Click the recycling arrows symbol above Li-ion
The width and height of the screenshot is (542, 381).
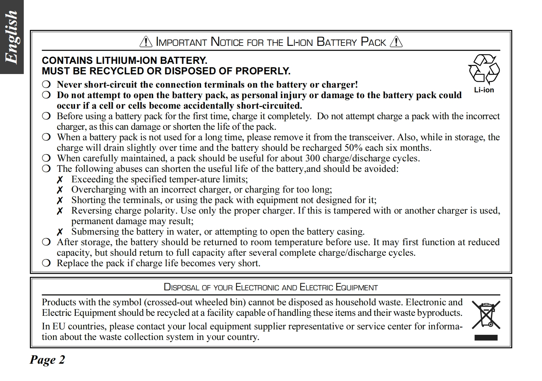[x=484, y=69]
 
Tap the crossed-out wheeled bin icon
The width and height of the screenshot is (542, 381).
[x=486, y=315]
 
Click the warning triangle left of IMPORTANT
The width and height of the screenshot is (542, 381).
[x=146, y=42]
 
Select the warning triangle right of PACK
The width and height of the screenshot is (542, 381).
[x=396, y=42]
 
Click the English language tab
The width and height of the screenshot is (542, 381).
[x=12, y=37]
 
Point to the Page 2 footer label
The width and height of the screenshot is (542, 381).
[x=47, y=360]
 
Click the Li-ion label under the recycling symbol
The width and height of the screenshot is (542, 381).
[x=484, y=90]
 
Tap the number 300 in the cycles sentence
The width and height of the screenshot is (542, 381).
[x=312, y=158]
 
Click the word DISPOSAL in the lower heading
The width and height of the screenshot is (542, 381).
[x=181, y=287]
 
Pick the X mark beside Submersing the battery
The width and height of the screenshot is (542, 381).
[x=60, y=232]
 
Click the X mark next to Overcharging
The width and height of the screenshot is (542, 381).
[x=60, y=190]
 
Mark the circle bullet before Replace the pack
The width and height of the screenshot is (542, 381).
[x=47, y=263]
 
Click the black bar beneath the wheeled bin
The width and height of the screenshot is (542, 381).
[x=486, y=338]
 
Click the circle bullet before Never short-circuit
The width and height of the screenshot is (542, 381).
[x=47, y=84]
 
